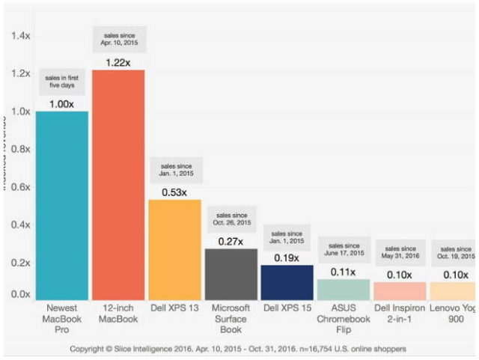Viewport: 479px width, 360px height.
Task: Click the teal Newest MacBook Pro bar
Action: click(61, 205)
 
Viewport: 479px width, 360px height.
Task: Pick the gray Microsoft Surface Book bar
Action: click(231, 274)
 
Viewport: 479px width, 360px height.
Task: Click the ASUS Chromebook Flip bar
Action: click(343, 289)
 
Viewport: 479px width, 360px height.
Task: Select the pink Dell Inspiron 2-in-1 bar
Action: click(399, 290)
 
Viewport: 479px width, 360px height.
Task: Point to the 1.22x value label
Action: click(118, 62)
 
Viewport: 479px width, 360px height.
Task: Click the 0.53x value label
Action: click(174, 192)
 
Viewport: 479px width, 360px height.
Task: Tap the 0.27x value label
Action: click(231, 241)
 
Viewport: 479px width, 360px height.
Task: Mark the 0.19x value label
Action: click(287, 257)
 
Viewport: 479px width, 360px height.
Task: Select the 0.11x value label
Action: click(343, 272)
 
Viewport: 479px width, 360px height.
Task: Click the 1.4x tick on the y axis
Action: click(20, 35)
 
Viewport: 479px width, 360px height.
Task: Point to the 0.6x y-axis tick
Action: click(20, 187)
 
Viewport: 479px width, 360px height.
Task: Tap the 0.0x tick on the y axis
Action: click(20, 295)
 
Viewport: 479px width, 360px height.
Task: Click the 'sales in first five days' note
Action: click(61, 81)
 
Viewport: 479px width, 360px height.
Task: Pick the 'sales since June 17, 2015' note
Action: click(343, 249)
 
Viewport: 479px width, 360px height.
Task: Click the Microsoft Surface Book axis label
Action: click(231, 318)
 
